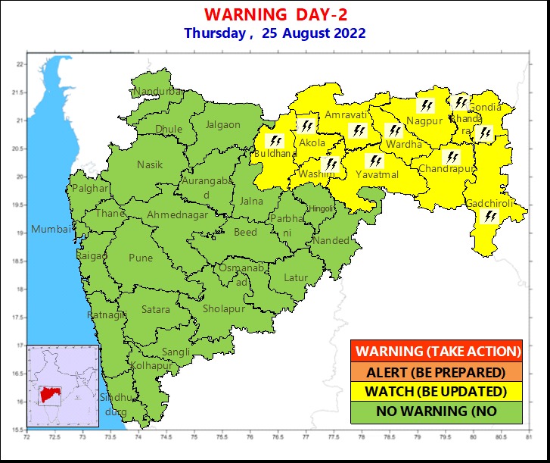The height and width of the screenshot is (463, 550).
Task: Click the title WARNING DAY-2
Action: pyautogui.click(x=275, y=15)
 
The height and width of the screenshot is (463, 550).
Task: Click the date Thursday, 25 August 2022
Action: pyautogui.click(x=275, y=33)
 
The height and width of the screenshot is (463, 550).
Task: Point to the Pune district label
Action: pyautogui.click(x=141, y=258)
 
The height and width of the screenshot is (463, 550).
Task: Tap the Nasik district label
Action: pyautogui.click(x=150, y=164)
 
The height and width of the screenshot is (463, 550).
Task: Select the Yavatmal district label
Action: pyautogui.click(x=377, y=174)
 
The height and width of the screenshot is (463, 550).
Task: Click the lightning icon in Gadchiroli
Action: pyautogui.click(x=491, y=217)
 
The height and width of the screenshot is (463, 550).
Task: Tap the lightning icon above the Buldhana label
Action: pyautogui.click(x=275, y=141)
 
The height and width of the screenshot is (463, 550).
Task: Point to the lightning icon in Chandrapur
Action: pyautogui.click(x=452, y=157)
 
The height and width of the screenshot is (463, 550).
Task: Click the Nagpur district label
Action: pyautogui.click(x=424, y=121)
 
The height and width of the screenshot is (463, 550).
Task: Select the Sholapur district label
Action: pyautogui.click(x=224, y=309)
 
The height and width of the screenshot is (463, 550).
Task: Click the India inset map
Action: pyautogui.click(x=64, y=386)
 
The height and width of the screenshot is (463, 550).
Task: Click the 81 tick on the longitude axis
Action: pyautogui.click(x=527, y=437)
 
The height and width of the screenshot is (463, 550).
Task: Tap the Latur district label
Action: pyautogui.click(x=296, y=277)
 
